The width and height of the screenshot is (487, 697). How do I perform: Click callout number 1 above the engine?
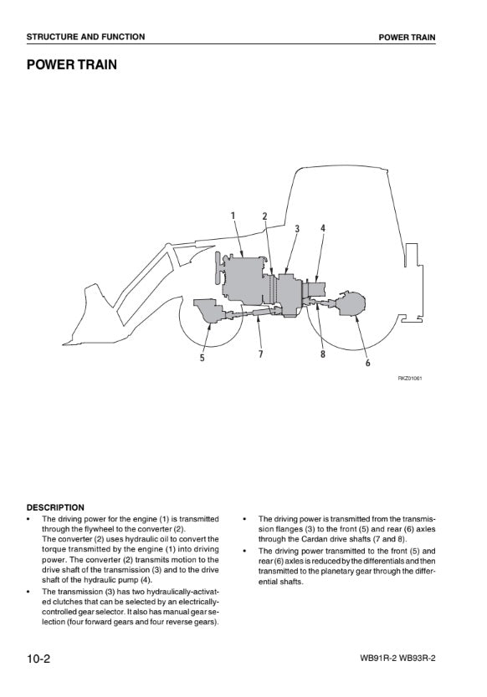pyautogui.click(x=233, y=216)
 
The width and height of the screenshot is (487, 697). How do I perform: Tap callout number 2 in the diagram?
pyautogui.click(x=264, y=216)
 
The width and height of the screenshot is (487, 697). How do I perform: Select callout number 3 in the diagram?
pyautogui.click(x=297, y=229)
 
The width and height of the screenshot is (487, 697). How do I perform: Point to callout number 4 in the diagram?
pyautogui.click(x=323, y=228)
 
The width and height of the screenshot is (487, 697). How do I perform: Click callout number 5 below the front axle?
pyautogui.click(x=202, y=358)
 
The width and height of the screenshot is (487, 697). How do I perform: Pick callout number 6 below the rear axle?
pyautogui.click(x=367, y=363)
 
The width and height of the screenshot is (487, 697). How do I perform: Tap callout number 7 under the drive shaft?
pyautogui.click(x=260, y=354)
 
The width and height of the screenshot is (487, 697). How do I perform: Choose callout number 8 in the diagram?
pyautogui.click(x=323, y=354)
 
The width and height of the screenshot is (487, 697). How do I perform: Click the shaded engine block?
pyautogui.click(x=243, y=280)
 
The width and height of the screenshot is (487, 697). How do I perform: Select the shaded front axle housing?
pyautogui.click(x=209, y=310)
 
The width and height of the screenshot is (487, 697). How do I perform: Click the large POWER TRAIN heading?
pyautogui.click(x=72, y=64)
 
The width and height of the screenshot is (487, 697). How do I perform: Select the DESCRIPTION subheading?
pyautogui.click(x=55, y=507)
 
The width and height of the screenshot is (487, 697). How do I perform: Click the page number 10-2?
pyautogui.click(x=38, y=658)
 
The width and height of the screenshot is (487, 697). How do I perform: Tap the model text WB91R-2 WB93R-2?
pyautogui.click(x=397, y=658)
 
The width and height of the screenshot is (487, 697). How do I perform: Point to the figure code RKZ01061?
pyautogui.click(x=409, y=379)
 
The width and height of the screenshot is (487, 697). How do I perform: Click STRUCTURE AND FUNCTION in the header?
pyautogui.click(x=85, y=37)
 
